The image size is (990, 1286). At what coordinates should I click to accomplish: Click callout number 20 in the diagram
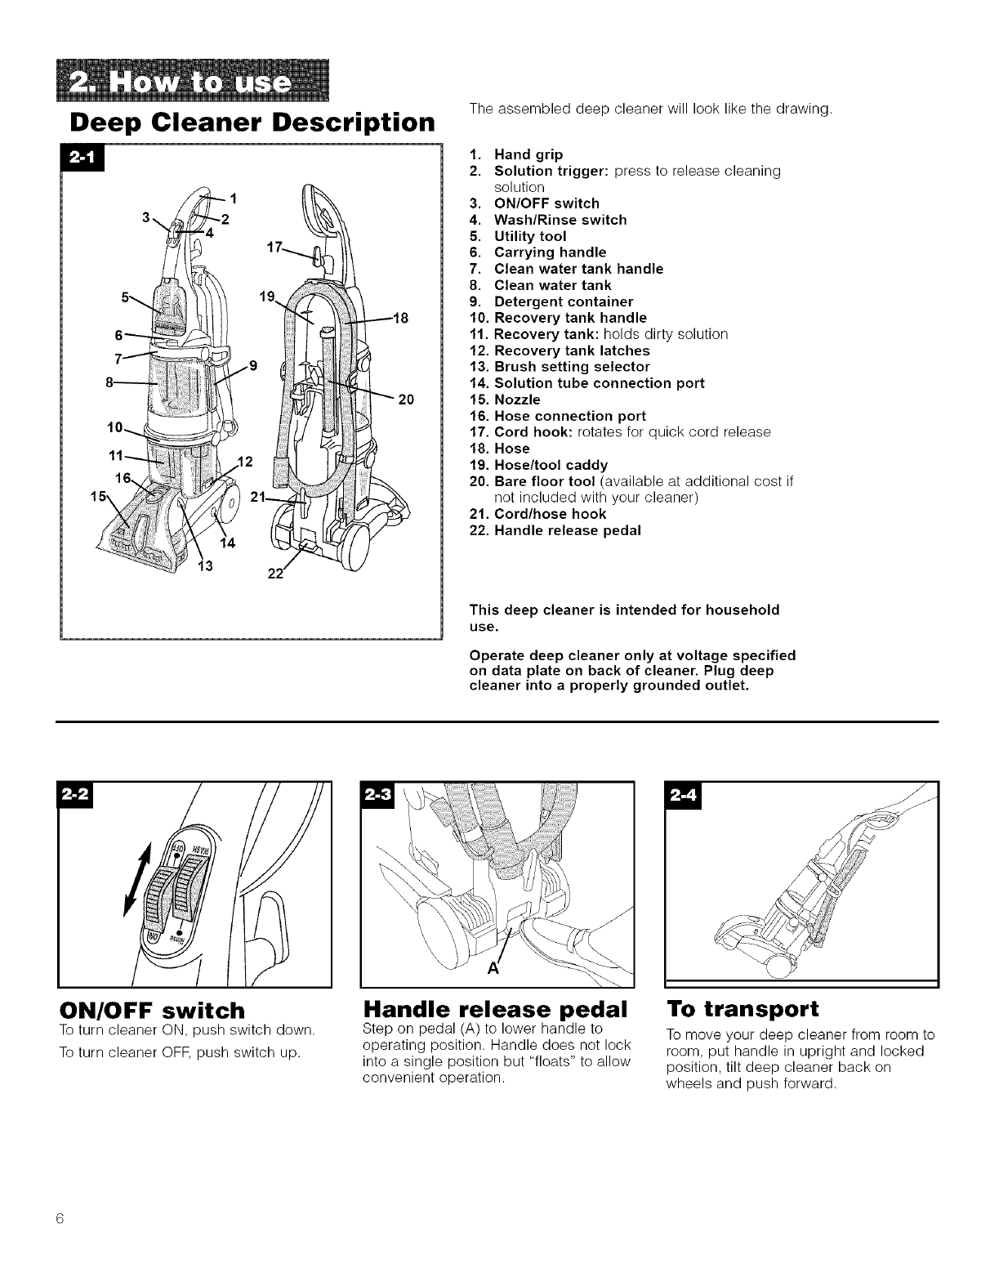pyautogui.click(x=406, y=400)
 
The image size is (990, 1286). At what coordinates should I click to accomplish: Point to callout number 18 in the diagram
pyautogui.click(x=399, y=317)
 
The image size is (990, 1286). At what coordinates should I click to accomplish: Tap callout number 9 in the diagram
pyautogui.click(x=254, y=366)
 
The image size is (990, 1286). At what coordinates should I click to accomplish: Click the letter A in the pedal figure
pyautogui.click(x=493, y=970)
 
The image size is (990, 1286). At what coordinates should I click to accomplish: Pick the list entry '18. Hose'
pyautogui.click(x=500, y=449)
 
